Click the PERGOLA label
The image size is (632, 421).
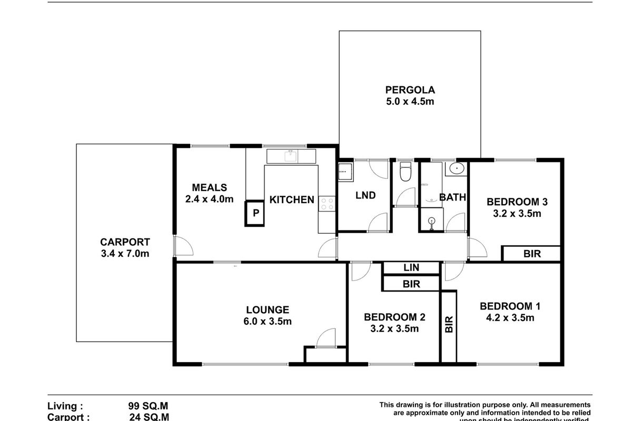(409, 89)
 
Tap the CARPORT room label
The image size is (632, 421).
(125, 243)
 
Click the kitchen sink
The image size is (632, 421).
(290, 156)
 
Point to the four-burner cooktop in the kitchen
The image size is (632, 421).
(327, 203)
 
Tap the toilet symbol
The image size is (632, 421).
(405, 172)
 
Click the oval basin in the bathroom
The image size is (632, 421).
(456, 170)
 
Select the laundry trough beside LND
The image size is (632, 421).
(346, 172)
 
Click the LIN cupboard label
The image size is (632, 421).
(411, 268)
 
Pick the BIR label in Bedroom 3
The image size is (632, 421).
(532, 254)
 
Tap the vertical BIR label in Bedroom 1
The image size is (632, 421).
(449, 325)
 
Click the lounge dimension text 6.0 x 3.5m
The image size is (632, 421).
(268, 322)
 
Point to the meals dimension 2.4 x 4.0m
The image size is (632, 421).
(209, 199)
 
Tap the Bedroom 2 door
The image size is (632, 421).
(359, 270)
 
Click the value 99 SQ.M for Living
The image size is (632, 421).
(149, 406)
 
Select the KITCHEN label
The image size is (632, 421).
(292, 199)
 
